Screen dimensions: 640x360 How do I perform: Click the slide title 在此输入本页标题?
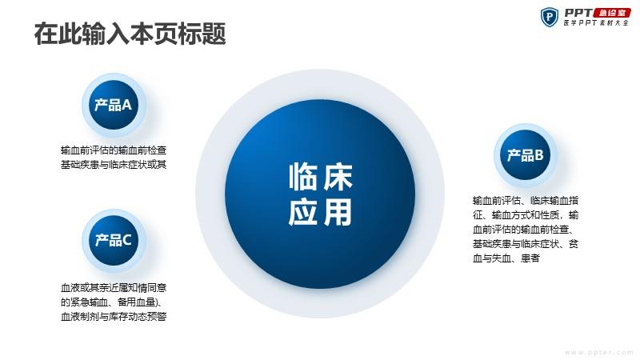tap(130, 34)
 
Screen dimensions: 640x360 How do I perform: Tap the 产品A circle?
tap(114, 105)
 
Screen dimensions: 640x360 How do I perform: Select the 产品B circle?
tap(526, 155)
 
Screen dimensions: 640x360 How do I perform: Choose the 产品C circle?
tap(114, 241)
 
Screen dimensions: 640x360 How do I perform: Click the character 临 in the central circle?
tap(304, 177)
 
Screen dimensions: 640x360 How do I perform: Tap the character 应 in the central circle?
tap(304, 212)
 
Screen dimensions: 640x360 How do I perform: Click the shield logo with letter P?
tap(550, 17)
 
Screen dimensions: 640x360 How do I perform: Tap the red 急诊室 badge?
tap(612, 13)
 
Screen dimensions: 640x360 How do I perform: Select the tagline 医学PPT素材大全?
tap(596, 23)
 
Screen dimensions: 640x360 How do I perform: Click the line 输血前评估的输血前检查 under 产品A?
tap(114, 150)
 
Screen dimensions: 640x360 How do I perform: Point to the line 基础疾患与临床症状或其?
tap(114, 165)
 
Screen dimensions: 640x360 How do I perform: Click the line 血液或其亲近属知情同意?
tap(114, 288)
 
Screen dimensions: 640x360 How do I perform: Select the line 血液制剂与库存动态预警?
tap(114, 316)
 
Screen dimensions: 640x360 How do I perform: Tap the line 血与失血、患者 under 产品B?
tap(506, 258)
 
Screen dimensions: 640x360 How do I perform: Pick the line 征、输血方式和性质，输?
tap(526, 214)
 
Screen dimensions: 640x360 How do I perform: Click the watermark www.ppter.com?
tap(599, 352)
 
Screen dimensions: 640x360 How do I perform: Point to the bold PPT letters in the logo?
tap(578, 13)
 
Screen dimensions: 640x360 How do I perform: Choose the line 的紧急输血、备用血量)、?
tap(112, 302)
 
